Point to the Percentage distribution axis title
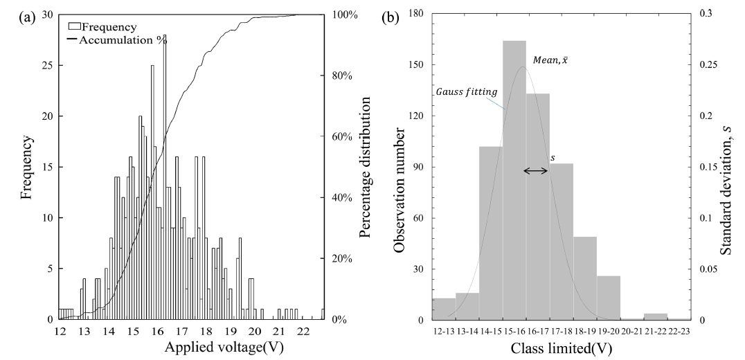[x=366, y=167]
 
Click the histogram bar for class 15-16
[x=514, y=180]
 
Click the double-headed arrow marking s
[x=535, y=170]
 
